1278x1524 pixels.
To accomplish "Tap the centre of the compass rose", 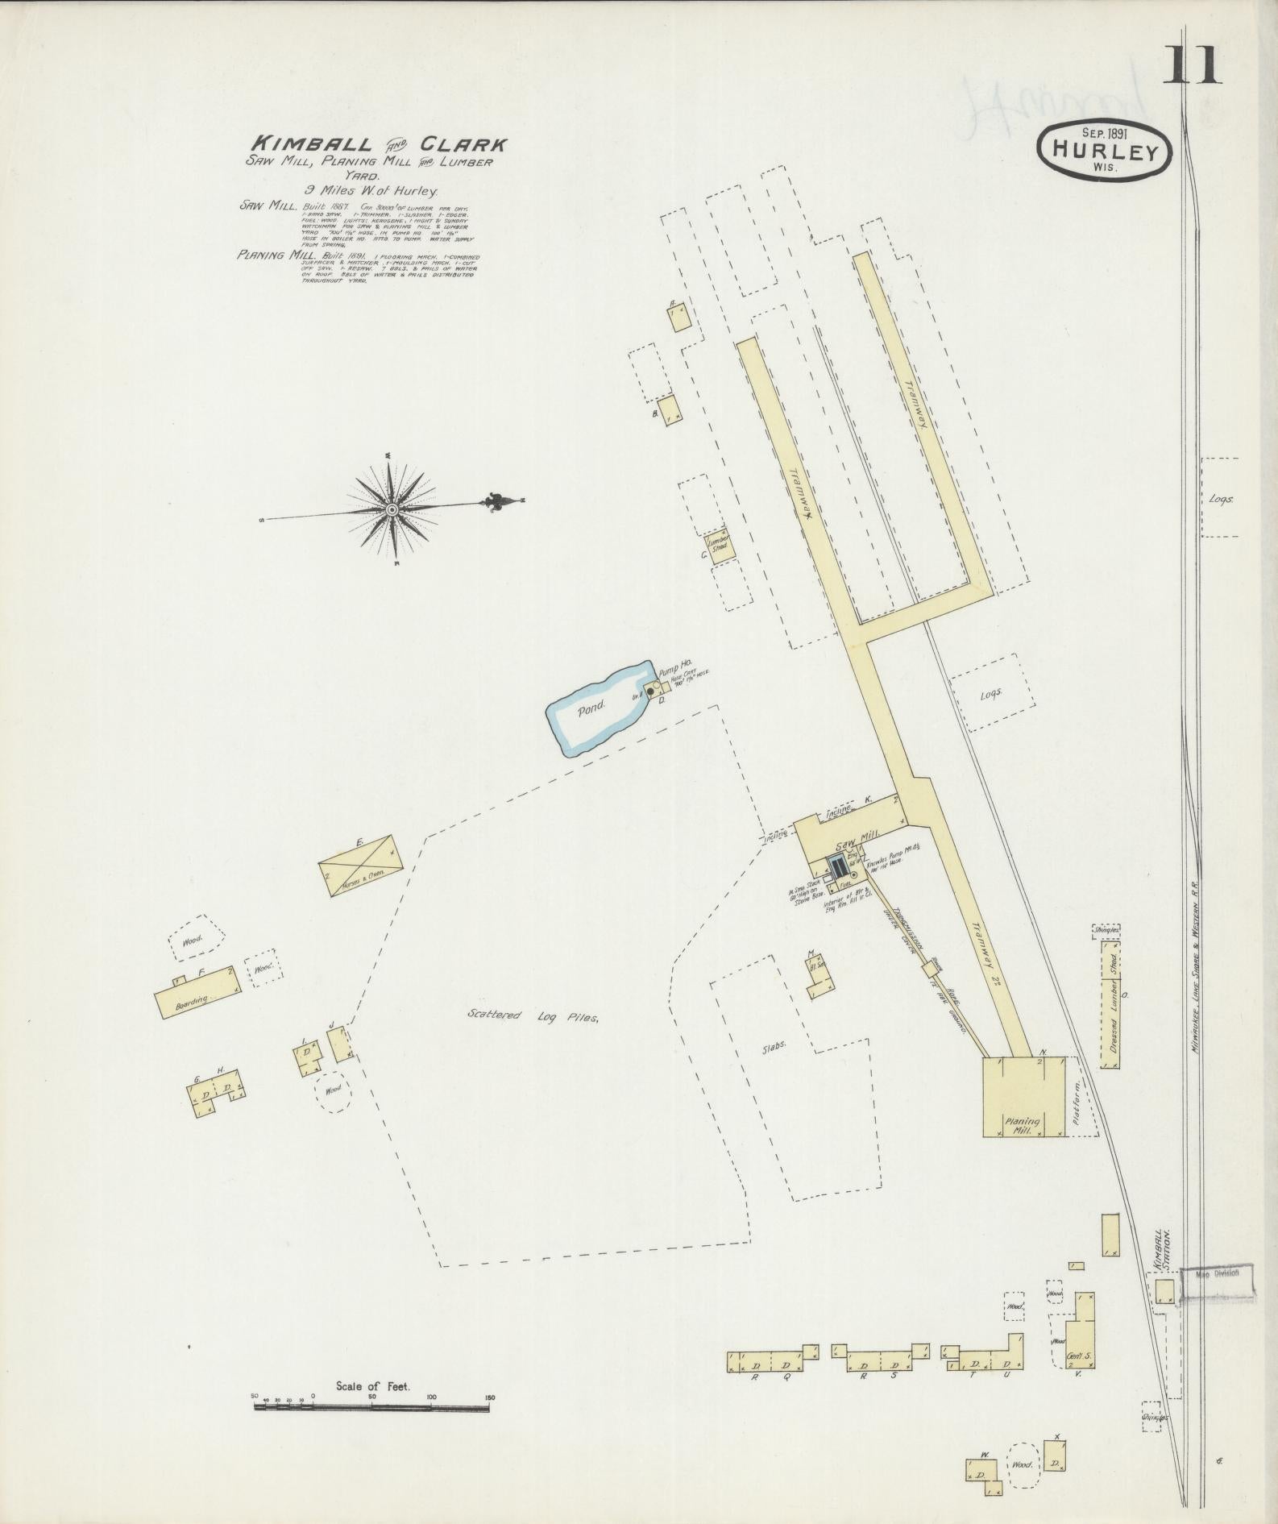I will click(392, 509).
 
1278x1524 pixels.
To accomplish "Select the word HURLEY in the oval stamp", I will click(1104, 151).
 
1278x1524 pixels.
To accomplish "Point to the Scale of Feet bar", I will click(371, 844).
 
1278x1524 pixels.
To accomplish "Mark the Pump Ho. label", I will click(675, 662).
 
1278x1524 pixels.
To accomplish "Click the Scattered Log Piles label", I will click(533, 1016).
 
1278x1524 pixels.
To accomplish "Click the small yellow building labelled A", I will click(679, 317).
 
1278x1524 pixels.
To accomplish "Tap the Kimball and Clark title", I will click(376, 145).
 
